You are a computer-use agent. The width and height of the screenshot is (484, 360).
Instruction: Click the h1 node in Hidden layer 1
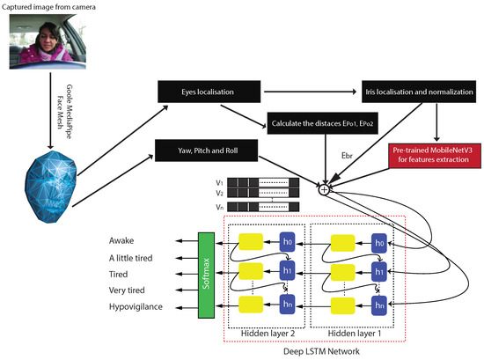click(x=379, y=273)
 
